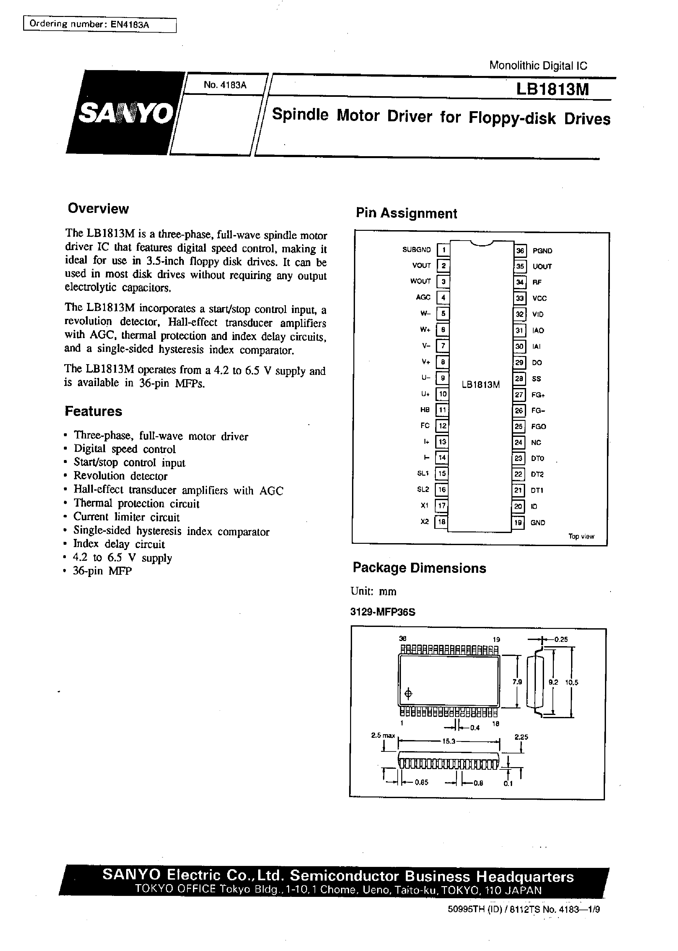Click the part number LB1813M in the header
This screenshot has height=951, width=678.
pyautogui.click(x=552, y=89)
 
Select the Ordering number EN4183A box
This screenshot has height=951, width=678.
pyautogui.click(x=99, y=25)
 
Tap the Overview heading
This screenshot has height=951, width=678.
pyautogui.click(x=98, y=208)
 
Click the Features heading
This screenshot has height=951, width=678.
pyautogui.click(x=93, y=411)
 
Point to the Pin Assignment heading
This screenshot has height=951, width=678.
pyautogui.click(x=406, y=213)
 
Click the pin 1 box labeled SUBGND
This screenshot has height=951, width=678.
pyautogui.click(x=443, y=250)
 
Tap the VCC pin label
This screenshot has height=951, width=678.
pyautogui.click(x=539, y=299)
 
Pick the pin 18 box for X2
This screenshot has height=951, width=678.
pyautogui.click(x=441, y=522)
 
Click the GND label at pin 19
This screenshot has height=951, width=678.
pyautogui.click(x=538, y=523)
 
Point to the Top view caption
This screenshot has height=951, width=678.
pyautogui.click(x=581, y=536)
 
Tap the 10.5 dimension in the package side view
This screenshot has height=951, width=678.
pyautogui.click(x=571, y=683)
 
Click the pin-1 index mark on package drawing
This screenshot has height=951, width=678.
pyautogui.click(x=409, y=694)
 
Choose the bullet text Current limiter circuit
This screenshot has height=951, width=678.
pyautogui.click(x=126, y=517)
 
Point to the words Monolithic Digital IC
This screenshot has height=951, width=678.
pyautogui.click(x=538, y=66)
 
